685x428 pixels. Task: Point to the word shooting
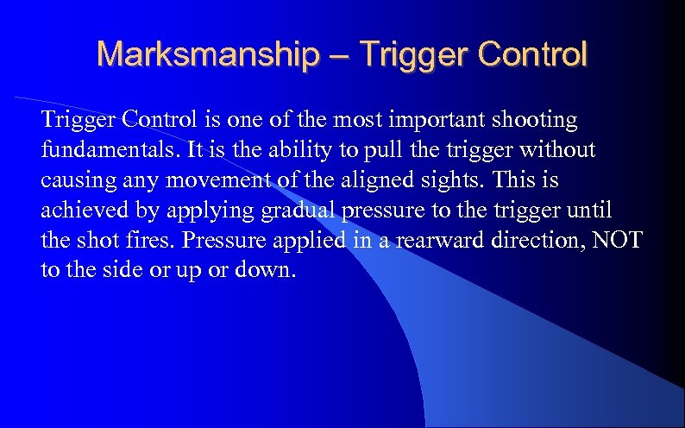click(x=537, y=119)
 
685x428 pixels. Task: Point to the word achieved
click(x=82, y=210)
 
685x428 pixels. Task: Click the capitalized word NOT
click(x=615, y=240)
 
